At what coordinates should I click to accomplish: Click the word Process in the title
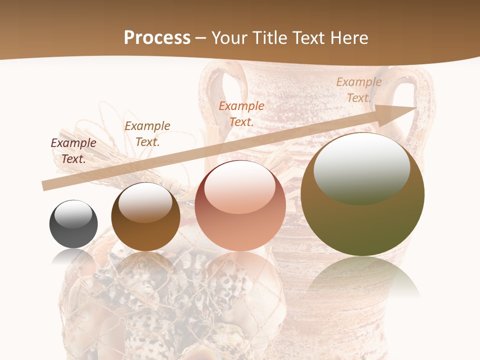point(157,38)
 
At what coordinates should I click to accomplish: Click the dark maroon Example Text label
point(73,151)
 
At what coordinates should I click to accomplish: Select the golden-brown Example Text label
point(147,134)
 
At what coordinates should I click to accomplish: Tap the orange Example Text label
point(241,114)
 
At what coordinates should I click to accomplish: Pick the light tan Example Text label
point(358,90)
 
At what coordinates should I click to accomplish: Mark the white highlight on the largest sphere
point(361,167)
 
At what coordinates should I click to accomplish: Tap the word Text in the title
point(309,38)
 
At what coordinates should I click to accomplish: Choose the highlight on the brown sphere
point(145,201)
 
